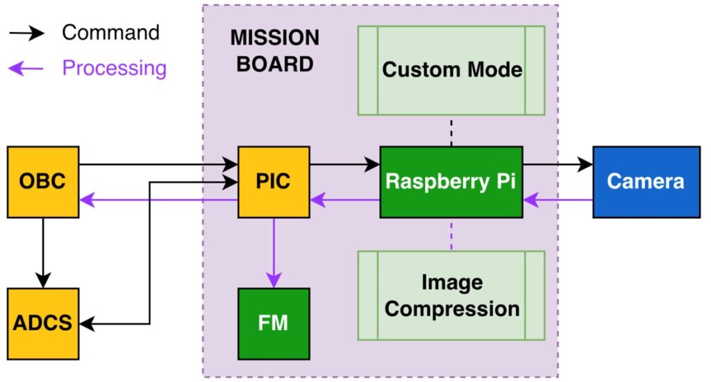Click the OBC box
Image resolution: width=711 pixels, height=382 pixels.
[43, 182]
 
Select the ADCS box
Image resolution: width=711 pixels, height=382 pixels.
[43, 323]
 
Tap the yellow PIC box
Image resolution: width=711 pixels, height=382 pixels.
[274, 182]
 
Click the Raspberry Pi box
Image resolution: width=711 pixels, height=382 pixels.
[451, 182]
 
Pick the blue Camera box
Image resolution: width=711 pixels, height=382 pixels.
[646, 182]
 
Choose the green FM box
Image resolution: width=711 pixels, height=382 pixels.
[274, 323]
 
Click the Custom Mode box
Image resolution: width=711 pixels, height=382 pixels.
[451, 70]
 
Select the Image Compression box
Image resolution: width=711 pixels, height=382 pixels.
[451, 295]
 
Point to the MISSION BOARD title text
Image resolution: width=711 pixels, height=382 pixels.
[274, 51]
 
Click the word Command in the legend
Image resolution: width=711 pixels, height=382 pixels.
[110, 32]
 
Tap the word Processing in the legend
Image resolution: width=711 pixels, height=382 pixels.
[114, 68]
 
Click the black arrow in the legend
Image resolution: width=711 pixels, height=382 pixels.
[27, 32]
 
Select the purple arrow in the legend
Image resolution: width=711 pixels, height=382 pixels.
[27, 68]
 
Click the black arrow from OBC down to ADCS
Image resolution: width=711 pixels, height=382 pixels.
[43, 252]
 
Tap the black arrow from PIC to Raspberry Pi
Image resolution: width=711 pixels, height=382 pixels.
[344, 164]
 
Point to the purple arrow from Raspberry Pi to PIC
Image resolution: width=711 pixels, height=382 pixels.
[344, 200]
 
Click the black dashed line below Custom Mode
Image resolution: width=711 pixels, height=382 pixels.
[451, 132]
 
